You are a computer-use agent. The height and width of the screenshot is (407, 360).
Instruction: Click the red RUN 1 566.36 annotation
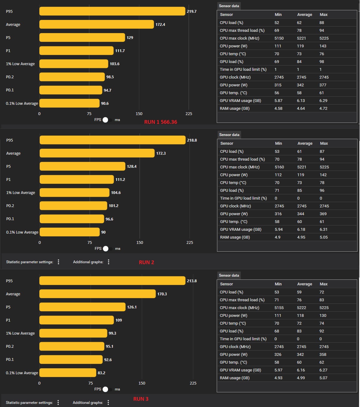pos(160,122)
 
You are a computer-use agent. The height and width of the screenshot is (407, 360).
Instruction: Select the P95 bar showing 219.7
pos(112,11)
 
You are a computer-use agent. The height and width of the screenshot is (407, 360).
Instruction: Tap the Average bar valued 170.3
pos(97,294)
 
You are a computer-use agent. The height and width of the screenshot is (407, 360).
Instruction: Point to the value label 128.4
pos(132,166)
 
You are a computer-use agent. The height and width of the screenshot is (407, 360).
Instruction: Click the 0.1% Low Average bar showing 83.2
pos(68,373)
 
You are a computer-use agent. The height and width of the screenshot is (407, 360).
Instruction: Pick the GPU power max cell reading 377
pos(323,85)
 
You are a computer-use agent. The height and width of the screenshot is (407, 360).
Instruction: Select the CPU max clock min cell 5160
pos(279,167)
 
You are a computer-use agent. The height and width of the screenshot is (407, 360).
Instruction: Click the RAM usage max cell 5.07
pos(323,378)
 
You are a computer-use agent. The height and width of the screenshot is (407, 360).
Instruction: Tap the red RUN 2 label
pos(146,262)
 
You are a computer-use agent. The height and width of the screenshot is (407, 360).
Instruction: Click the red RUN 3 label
pos(141,399)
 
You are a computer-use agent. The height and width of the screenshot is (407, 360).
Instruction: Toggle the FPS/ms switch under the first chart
pos(107,120)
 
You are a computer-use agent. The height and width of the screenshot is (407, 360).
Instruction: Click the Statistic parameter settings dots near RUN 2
pos(58,262)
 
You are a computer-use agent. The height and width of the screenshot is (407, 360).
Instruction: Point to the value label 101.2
pos(114,206)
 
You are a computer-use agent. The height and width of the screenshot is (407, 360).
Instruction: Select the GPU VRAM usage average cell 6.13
pos(301,101)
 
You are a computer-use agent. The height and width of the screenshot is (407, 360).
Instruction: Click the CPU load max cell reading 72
pos(322,292)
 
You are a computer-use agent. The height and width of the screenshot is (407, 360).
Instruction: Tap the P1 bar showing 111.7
pos(76,51)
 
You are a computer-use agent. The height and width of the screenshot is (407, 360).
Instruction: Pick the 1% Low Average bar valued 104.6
pos(75,192)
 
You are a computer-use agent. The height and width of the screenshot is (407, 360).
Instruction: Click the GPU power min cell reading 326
pos(278,355)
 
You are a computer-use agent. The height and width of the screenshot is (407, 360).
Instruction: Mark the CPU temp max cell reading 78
pos(322,183)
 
